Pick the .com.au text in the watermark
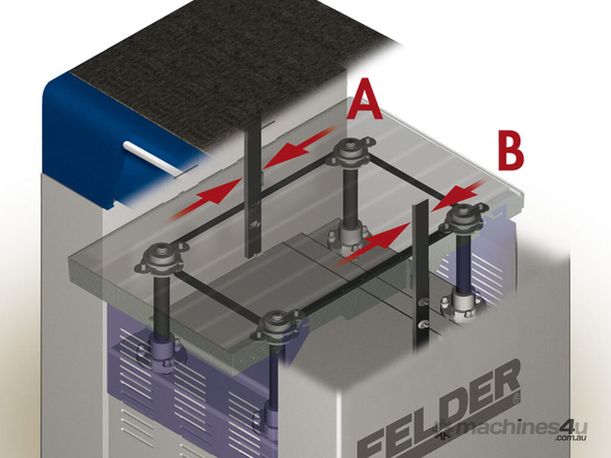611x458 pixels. (571, 438)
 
